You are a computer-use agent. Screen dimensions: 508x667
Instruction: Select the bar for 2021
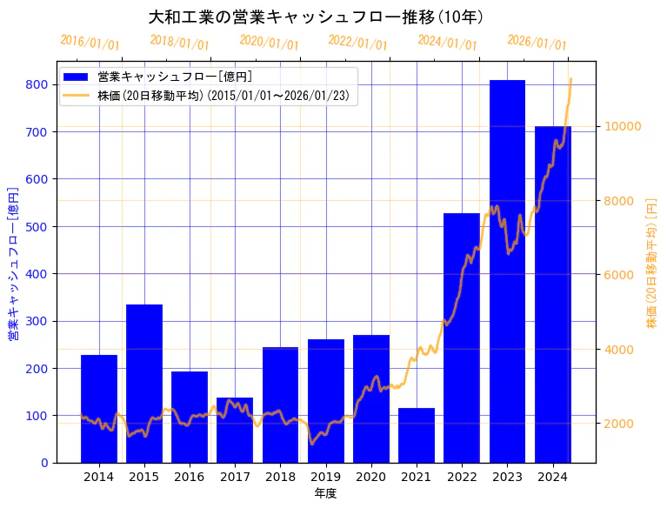click(417, 435)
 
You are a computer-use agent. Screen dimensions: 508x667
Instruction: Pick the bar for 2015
click(144, 384)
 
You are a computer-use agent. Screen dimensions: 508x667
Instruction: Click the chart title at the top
click(316, 17)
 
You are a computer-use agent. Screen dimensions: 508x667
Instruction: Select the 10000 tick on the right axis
click(623, 126)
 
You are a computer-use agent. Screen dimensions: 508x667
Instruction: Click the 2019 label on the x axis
click(325, 477)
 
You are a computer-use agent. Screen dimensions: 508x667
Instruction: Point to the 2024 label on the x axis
click(552, 477)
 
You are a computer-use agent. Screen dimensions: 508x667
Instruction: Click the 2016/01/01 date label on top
click(90, 43)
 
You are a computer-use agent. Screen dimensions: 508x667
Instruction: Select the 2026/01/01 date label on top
click(537, 43)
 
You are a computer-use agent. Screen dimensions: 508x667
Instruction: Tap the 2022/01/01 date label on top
click(357, 43)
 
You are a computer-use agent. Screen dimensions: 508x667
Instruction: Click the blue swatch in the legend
click(76, 77)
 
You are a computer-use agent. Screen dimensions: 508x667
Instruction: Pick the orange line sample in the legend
click(76, 96)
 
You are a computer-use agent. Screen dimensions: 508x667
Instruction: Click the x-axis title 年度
click(325, 493)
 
